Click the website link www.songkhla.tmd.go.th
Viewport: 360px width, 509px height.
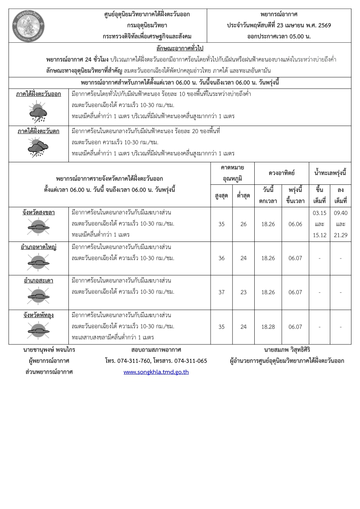click(156, 372)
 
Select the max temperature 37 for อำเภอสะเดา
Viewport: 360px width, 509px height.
click(221, 292)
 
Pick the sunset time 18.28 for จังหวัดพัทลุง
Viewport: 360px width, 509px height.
click(264, 326)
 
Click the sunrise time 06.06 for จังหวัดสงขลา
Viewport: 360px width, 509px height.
click(295, 224)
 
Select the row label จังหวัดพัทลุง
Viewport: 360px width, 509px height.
click(39, 315)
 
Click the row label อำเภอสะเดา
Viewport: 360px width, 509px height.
click(39, 281)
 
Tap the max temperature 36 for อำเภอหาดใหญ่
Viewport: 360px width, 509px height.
click(221, 258)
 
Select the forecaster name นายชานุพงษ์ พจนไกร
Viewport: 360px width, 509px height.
click(49, 349)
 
